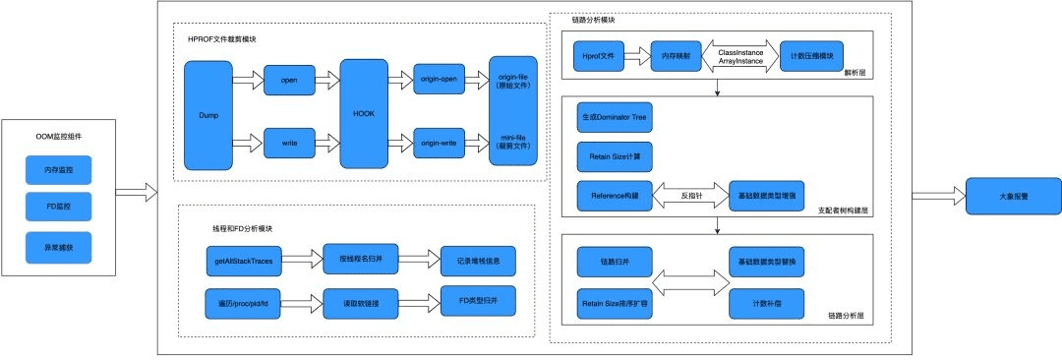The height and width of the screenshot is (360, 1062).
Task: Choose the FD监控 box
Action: (x=58, y=208)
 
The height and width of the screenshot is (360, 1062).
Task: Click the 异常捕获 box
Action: (x=58, y=246)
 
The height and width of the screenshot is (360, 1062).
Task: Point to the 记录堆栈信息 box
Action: (x=477, y=260)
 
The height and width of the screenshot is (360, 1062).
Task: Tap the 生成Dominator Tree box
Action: (x=615, y=116)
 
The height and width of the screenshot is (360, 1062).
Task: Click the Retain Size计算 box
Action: (x=615, y=155)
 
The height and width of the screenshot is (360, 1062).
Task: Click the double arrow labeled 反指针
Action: (x=692, y=196)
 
